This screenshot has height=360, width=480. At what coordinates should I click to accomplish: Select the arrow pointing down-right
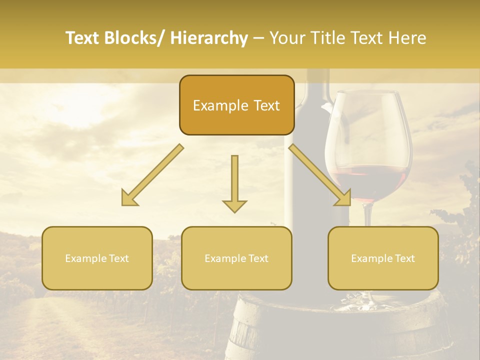click(320, 175)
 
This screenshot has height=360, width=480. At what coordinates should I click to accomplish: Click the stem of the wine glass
click(368, 215)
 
